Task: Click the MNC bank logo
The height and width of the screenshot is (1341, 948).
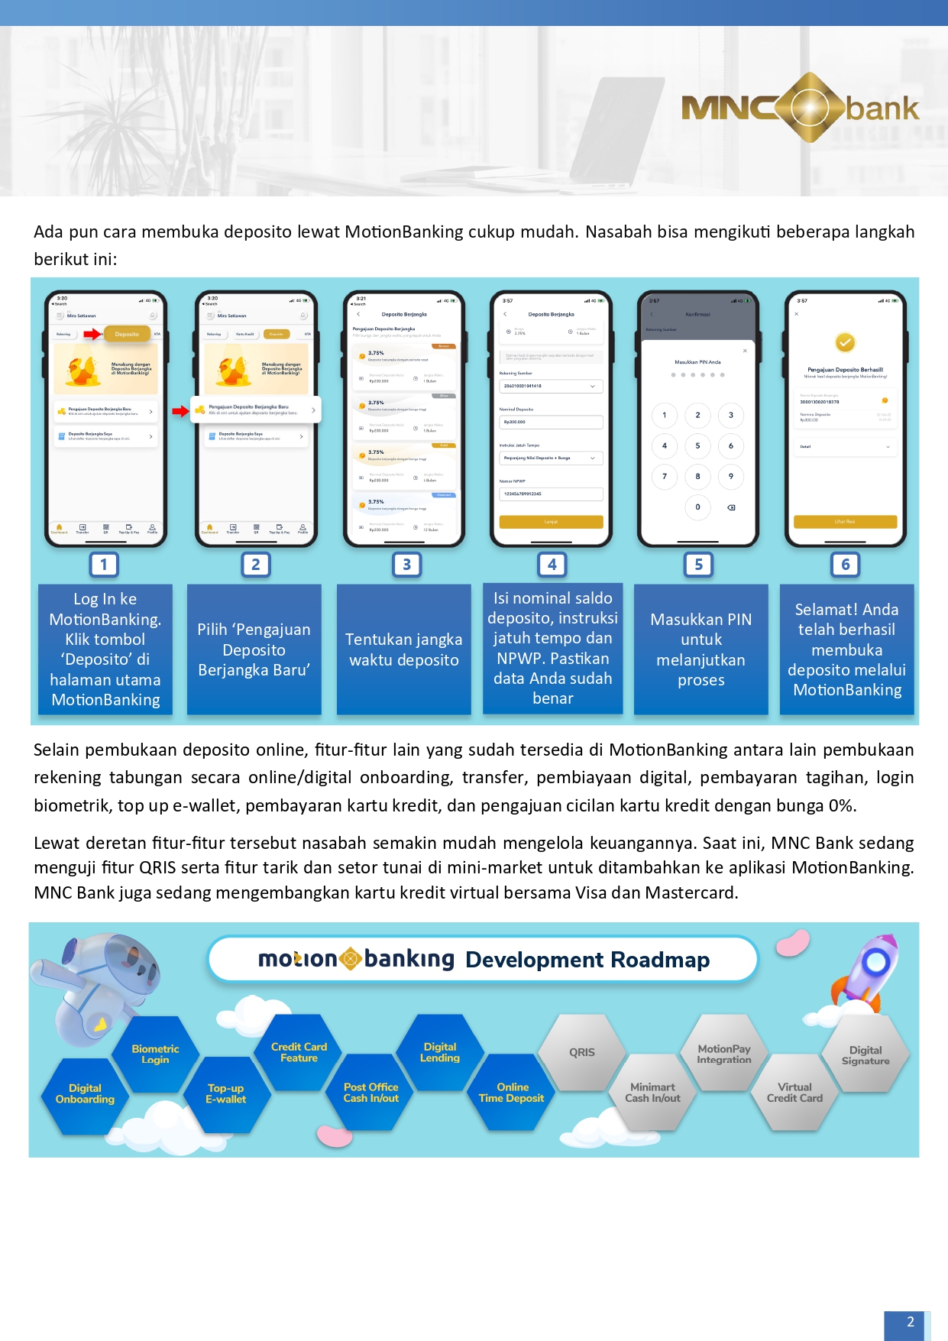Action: point(800,108)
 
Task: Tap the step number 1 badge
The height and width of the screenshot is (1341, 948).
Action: point(104,565)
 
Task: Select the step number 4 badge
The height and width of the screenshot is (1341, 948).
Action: point(552,565)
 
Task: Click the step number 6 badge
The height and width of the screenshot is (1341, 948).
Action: point(845,565)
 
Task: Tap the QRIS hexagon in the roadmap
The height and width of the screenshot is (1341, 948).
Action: point(581,1052)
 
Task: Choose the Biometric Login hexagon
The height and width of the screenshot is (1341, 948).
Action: point(155,1054)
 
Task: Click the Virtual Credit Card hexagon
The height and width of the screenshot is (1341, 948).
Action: point(794,1093)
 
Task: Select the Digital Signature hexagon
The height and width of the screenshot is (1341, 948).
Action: point(865,1055)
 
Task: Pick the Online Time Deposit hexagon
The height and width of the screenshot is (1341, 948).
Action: point(511,1093)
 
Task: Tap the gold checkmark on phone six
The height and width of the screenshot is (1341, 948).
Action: point(845,342)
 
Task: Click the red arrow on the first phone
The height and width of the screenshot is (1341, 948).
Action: point(92,334)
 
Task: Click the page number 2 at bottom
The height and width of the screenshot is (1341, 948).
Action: point(910,1323)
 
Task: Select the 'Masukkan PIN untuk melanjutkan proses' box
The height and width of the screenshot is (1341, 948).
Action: point(700,649)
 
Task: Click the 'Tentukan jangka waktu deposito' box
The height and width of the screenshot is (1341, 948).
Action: point(404,649)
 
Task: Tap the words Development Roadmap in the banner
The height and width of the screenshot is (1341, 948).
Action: point(587,960)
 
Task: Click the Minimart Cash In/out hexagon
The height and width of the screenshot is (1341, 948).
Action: point(652,1093)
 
